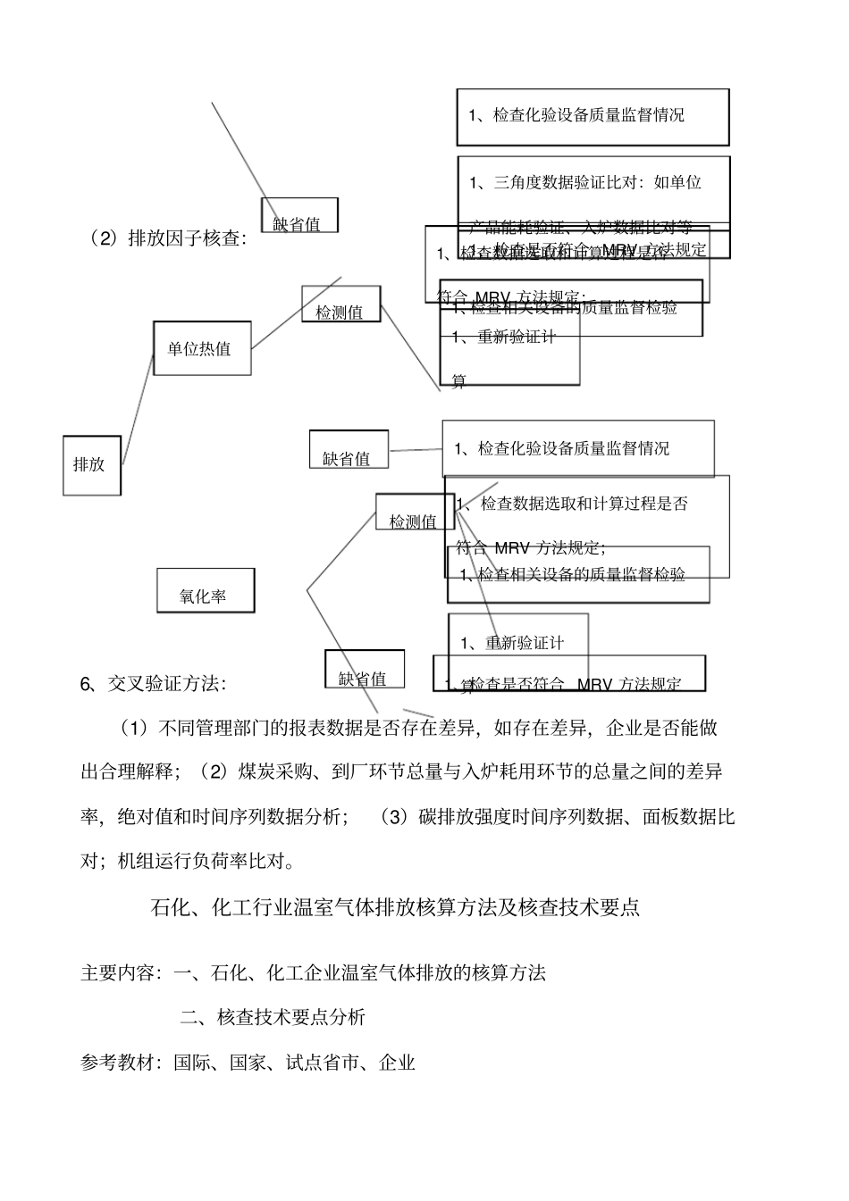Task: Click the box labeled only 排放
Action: (x=91, y=464)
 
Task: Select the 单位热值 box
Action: (x=201, y=348)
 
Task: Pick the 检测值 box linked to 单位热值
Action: (x=340, y=305)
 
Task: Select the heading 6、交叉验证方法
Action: (x=154, y=684)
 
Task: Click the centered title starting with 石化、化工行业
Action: (x=395, y=908)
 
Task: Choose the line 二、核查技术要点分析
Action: (x=273, y=1016)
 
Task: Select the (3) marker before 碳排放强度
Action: (x=393, y=816)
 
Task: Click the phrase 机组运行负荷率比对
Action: (x=212, y=861)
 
